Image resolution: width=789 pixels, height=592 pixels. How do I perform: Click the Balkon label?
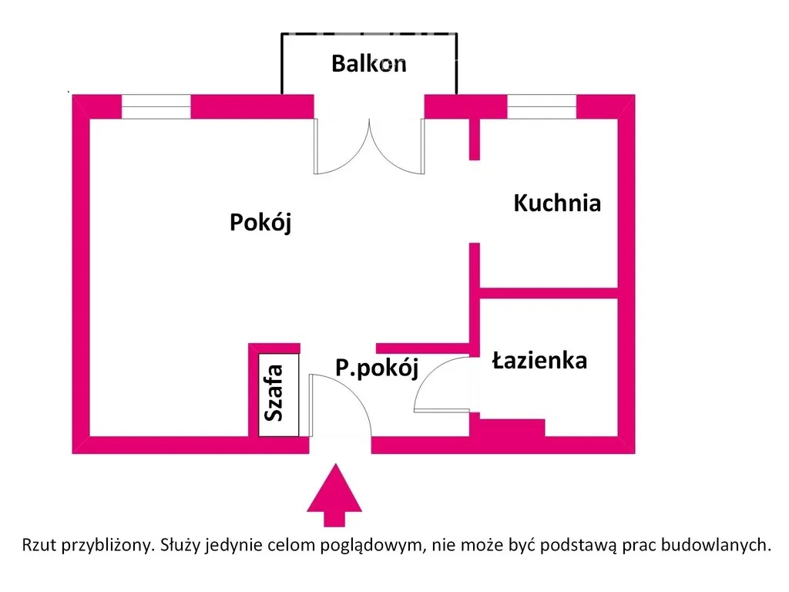[x=369, y=64]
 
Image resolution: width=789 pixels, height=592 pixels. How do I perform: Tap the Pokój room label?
[x=260, y=222]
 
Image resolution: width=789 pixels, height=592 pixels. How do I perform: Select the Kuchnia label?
[x=557, y=203]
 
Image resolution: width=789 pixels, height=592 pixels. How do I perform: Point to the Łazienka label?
[x=539, y=361]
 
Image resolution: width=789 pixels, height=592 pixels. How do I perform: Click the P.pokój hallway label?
[x=377, y=368]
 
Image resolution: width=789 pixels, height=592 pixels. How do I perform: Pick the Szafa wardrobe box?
[x=279, y=395]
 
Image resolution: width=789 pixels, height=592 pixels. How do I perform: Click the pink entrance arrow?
[x=334, y=496]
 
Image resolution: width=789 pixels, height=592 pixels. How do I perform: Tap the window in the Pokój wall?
[x=156, y=106]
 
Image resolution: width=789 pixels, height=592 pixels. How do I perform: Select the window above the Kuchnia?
[x=542, y=106]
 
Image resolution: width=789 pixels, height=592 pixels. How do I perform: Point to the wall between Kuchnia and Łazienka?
[x=549, y=293]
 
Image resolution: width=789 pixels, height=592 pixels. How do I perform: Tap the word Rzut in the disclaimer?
[x=39, y=545]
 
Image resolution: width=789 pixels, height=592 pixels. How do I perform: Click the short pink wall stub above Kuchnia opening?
[x=474, y=140]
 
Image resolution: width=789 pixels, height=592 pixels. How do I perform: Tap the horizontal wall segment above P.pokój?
[x=423, y=348]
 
